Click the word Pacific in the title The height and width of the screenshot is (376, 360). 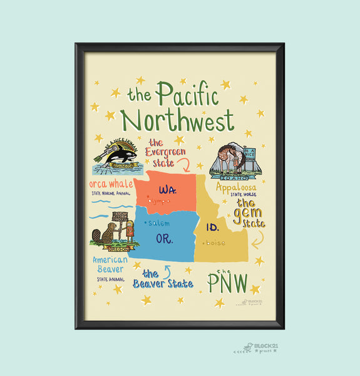[x=188, y=95]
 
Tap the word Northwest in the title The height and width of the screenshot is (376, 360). [x=177, y=120]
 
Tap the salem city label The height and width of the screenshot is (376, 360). [x=160, y=222]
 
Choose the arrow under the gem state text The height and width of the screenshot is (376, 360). [x=257, y=241]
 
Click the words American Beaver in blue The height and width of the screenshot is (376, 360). [x=110, y=264]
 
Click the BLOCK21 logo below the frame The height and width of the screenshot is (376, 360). [x=255, y=346]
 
